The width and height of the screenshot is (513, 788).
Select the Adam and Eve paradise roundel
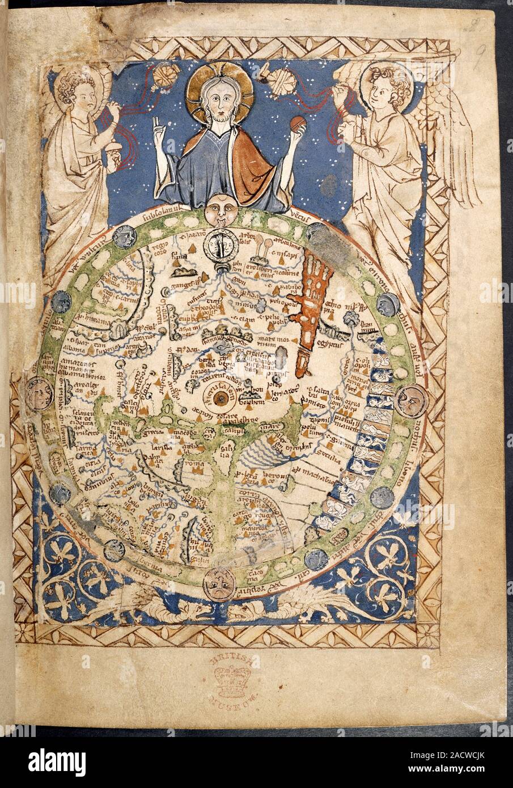tap(219, 244)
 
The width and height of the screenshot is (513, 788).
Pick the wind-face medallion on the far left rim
tap(35, 394)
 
